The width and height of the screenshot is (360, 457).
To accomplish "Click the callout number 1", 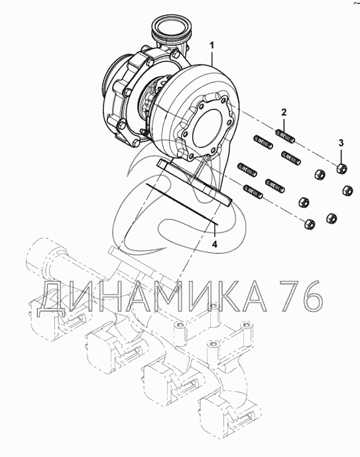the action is pos(212,46).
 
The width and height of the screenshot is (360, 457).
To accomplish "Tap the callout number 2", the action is pos(284,111).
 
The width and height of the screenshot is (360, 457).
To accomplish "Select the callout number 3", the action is pos(341,143).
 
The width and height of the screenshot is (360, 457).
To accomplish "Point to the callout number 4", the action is pos(215,244).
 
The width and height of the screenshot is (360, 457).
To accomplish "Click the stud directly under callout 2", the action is pos(285,137).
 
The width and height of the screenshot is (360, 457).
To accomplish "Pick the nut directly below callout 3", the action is pos(341,168).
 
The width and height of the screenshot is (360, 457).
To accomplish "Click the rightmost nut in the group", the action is pos(347,190).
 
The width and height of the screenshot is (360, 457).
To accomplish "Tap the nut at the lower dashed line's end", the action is pos(309,224).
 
